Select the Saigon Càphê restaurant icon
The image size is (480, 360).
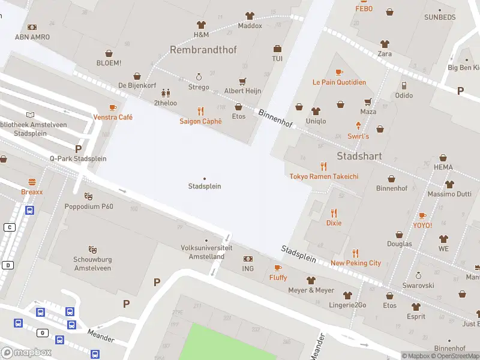(200, 111)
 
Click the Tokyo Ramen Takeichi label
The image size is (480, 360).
(324, 176)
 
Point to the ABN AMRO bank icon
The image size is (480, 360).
(32, 27)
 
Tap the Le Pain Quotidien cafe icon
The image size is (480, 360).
(339, 72)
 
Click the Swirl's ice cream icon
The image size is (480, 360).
(358, 126)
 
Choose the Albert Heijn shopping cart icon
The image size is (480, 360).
(242, 81)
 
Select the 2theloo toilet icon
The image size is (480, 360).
(166, 93)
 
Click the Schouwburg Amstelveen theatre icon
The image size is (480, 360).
(92, 249)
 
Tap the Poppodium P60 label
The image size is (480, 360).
(89, 206)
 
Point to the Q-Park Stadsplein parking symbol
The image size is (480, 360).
(78, 148)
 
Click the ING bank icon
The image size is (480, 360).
(248, 259)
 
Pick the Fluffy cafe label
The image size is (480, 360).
(278, 278)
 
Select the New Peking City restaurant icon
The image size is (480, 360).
(355, 253)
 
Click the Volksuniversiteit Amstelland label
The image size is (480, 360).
(203, 252)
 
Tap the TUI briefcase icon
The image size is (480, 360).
(277, 49)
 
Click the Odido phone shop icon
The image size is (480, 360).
(404, 86)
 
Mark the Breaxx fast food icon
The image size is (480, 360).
(32, 182)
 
